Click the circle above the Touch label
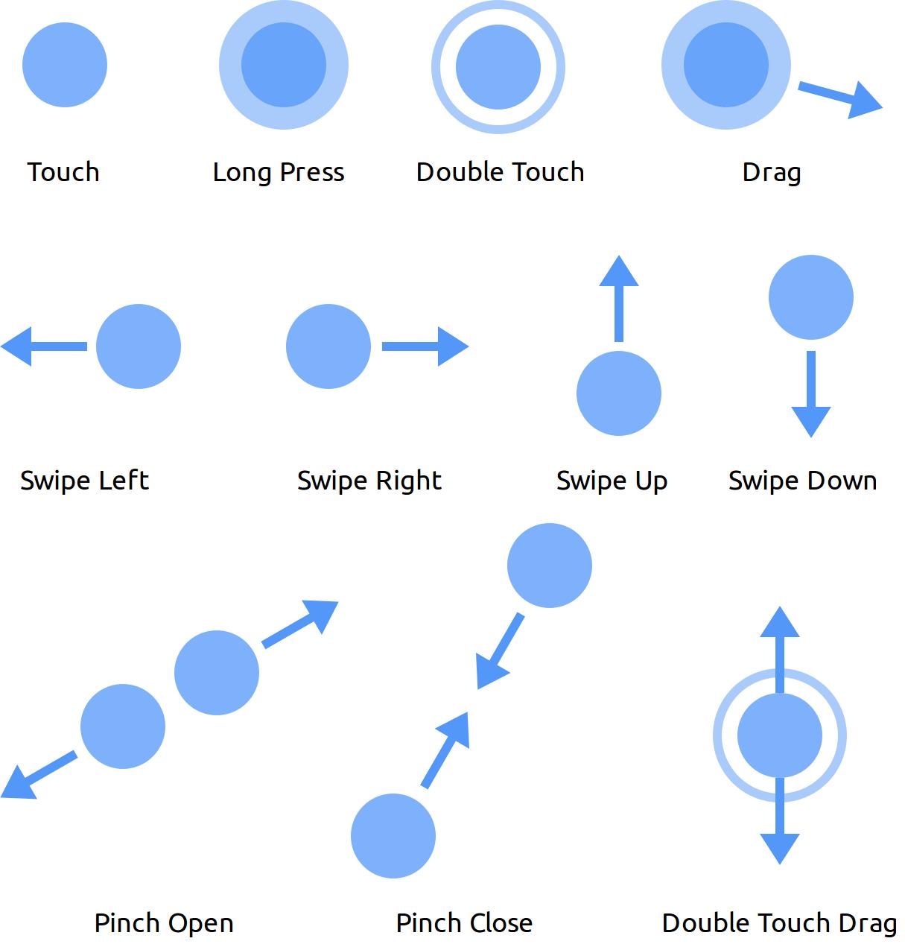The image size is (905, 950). pyautogui.click(x=65, y=65)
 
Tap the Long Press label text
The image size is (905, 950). pyautogui.click(x=278, y=172)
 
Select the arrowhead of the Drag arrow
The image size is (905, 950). pyautogui.click(x=866, y=101)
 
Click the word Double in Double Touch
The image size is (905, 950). pyautogui.click(x=456, y=172)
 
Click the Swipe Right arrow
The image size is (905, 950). pyautogui.click(x=425, y=346)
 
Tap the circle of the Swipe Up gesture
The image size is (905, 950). pyautogui.click(x=619, y=393)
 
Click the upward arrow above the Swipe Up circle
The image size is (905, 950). pyautogui.click(x=619, y=298)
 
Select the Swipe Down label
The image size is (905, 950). pyautogui.click(x=802, y=481)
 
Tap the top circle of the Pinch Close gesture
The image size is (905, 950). pyautogui.click(x=550, y=566)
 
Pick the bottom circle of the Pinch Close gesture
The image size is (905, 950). pyautogui.click(x=393, y=836)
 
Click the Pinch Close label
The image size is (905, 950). pyautogui.click(x=464, y=923)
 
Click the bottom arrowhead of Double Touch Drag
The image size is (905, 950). pyautogui.click(x=780, y=847)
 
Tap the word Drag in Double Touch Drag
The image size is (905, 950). pyautogui.click(x=867, y=924)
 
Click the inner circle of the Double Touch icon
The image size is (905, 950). pyautogui.click(x=498, y=67)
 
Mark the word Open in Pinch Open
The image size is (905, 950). pyautogui.click(x=199, y=924)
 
